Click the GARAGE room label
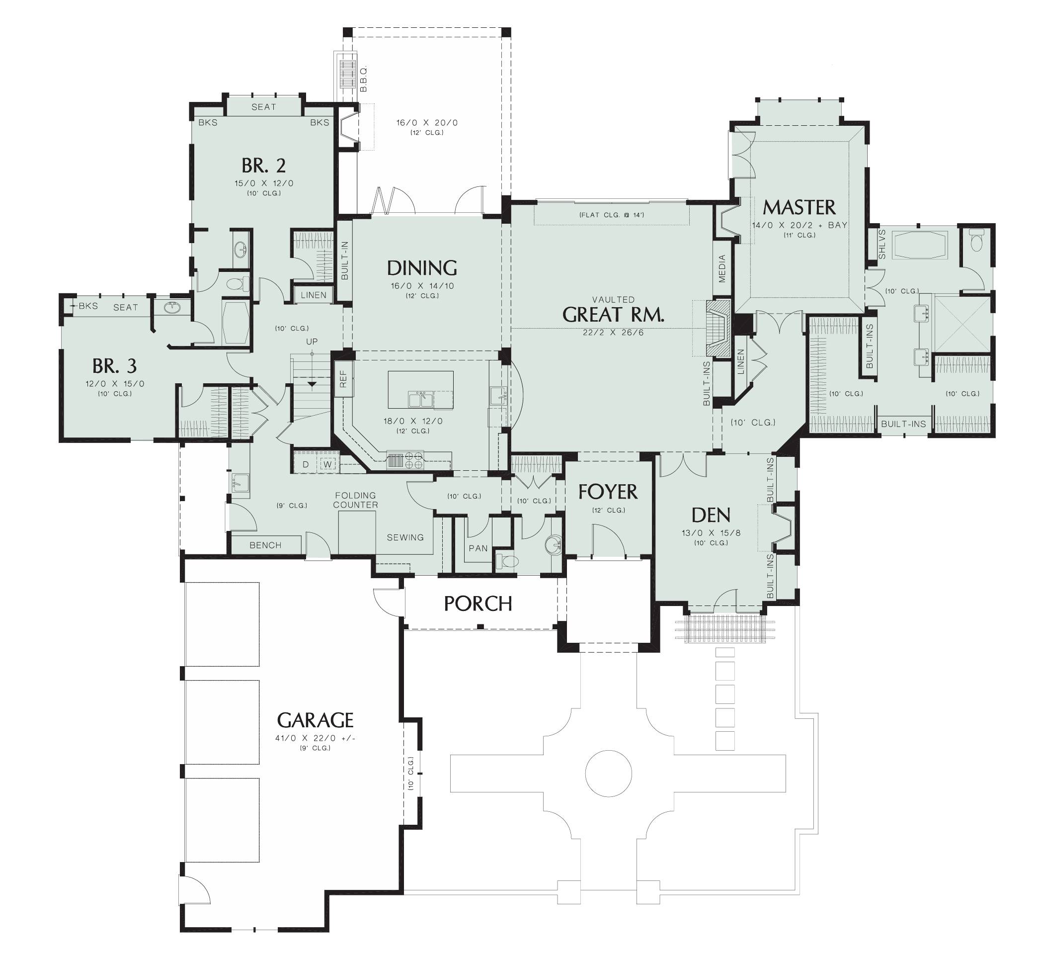(315, 720)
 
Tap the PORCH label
(478, 604)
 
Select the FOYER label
(608, 492)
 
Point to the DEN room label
(711, 515)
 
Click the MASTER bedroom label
(799, 207)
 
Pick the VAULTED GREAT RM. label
(613, 314)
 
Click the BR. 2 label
(263, 166)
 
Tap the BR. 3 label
(115, 366)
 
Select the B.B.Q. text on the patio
(364, 79)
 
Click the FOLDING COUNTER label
(355, 500)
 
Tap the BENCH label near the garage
(265, 545)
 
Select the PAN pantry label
(478, 548)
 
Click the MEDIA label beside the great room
(722, 269)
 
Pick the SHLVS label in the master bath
(881, 244)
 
